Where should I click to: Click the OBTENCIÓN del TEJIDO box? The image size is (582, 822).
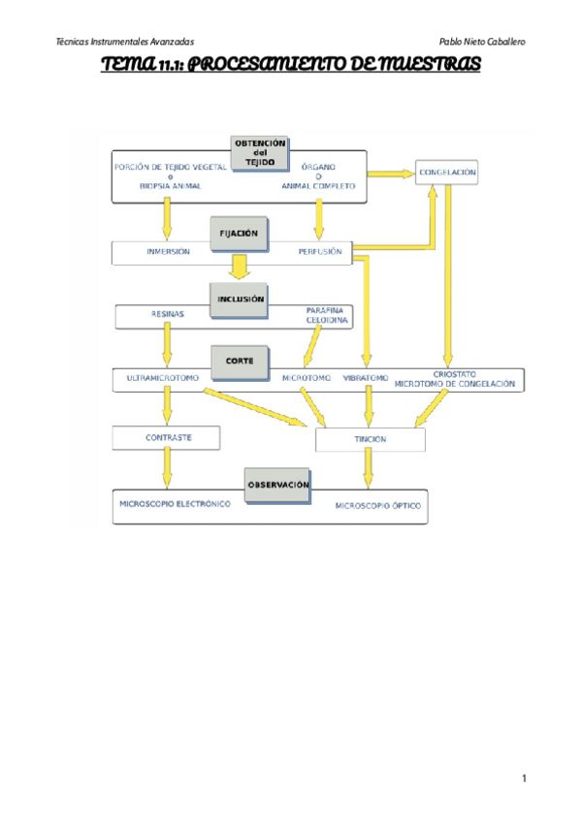tap(260, 153)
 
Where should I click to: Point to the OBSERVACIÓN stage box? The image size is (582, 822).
tap(278, 483)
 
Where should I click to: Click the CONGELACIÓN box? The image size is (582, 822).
tap(447, 173)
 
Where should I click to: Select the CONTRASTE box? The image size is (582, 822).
tap(168, 438)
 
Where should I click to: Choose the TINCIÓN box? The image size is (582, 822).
tap(371, 440)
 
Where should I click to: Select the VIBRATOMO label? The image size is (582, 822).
tap(366, 377)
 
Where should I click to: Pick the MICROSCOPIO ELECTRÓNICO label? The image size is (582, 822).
tap(175, 505)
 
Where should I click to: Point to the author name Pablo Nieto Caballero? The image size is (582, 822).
tap(483, 43)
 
